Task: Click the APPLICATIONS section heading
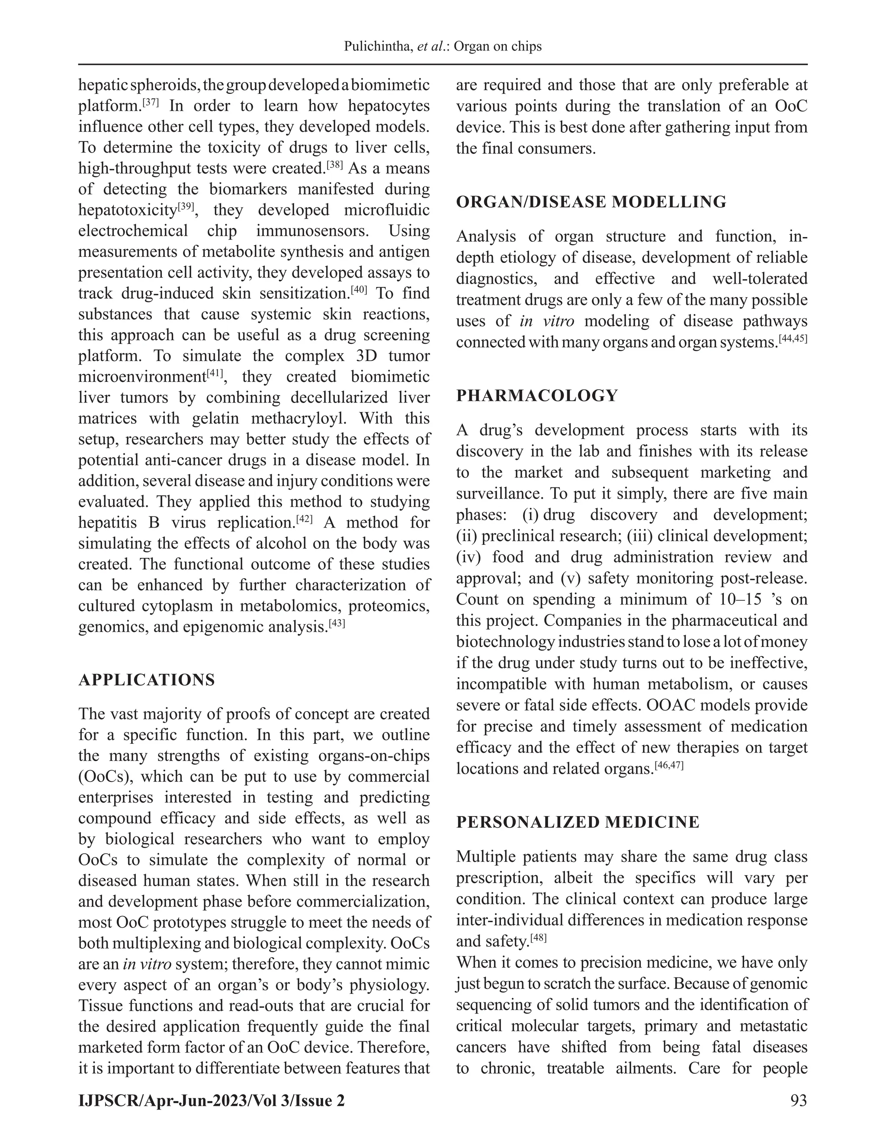pos(147,680)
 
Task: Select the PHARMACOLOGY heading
pos(537,396)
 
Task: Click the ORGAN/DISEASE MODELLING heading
pos(591,202)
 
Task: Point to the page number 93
pos(798,1100)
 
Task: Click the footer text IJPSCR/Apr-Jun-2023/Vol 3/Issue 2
pos(212,1100)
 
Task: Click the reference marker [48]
pos(538,938)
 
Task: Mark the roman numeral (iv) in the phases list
pos(468,557)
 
